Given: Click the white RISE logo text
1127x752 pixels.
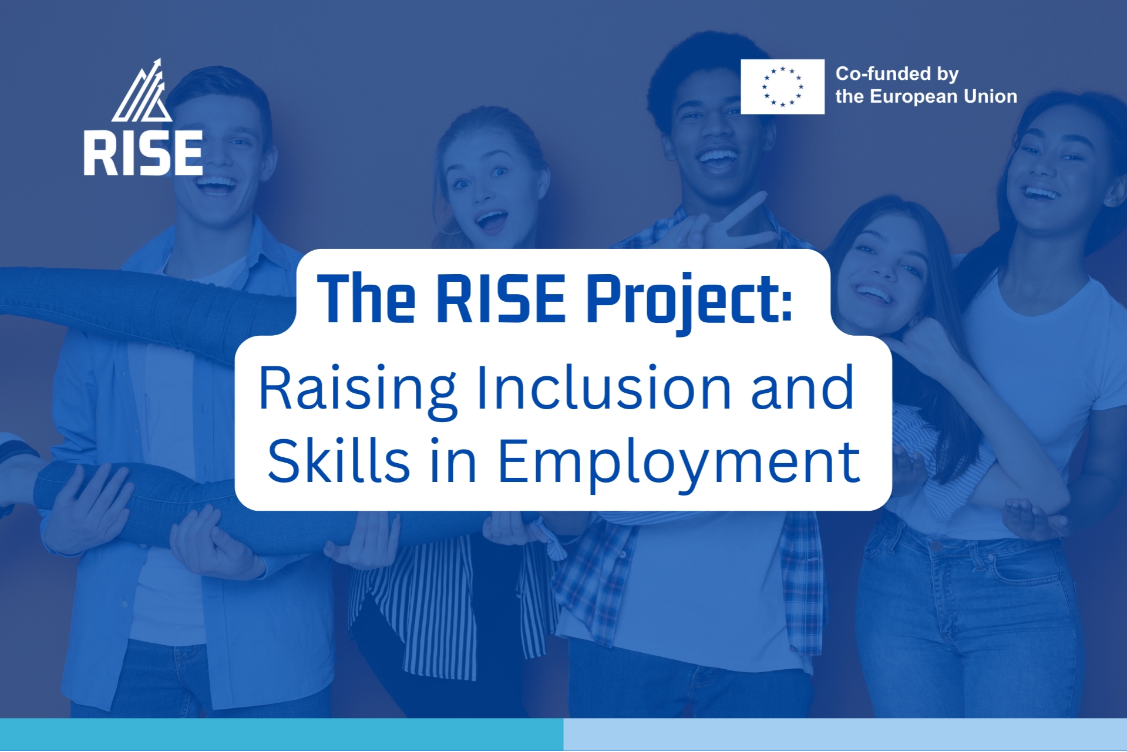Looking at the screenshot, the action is coord(143,153).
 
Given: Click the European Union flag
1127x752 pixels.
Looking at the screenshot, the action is coord(782,86).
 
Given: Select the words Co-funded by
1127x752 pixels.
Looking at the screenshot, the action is coord(897,74).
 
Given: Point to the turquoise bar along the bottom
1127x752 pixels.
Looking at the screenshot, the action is coord(281,734).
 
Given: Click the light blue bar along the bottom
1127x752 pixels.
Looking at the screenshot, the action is coord(845,734).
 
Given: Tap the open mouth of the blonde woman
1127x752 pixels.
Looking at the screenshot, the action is coord(492,221).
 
